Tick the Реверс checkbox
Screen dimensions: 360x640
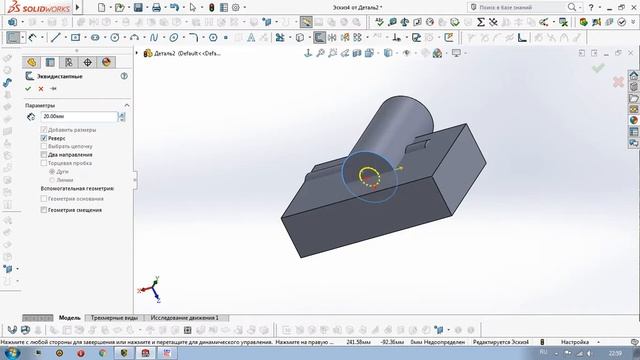point(42,138)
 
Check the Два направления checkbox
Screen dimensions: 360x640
point(42,155)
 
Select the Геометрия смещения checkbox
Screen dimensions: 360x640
point(42,210)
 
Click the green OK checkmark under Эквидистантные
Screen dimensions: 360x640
point(29,89)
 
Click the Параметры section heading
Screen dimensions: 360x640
point(41,105)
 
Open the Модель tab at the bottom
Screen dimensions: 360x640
point(69,317)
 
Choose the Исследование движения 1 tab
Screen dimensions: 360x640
point(185,317)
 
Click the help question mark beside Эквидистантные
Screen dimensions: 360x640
point(124,75)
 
